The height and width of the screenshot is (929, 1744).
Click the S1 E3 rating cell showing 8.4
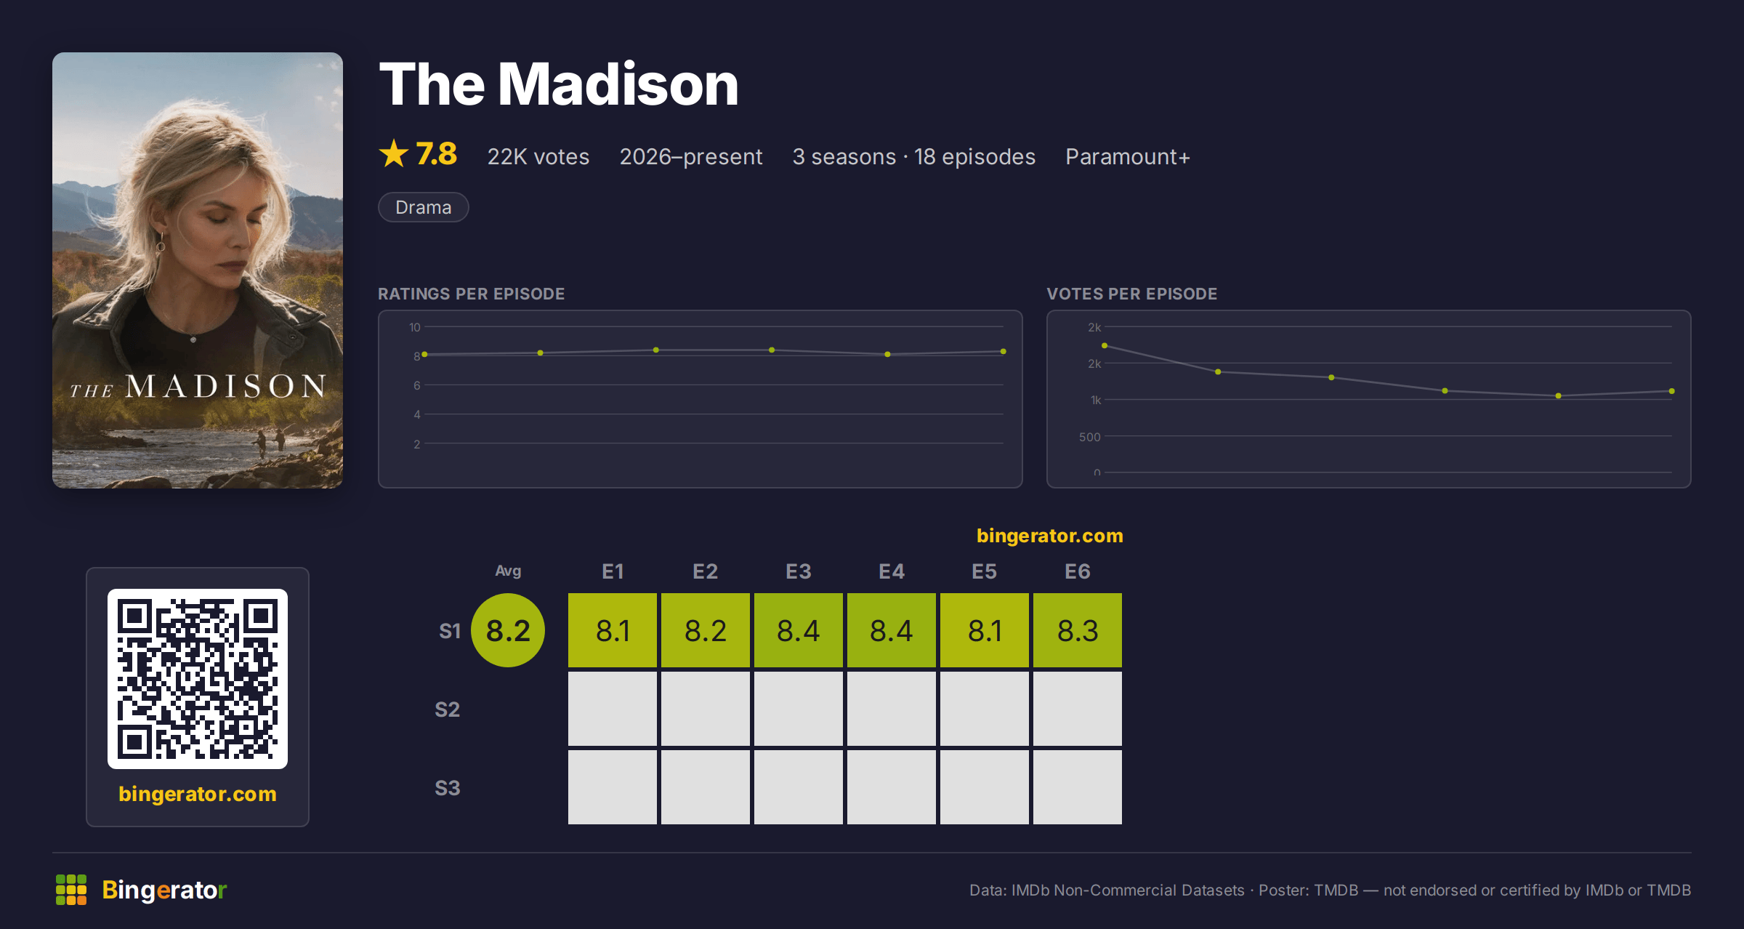point(798,630)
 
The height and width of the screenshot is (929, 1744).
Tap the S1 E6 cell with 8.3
point(1077,630)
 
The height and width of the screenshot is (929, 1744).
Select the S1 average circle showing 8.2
point(508,630)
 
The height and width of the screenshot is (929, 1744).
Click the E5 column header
point(984,571)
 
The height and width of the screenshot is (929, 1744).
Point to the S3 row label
point(448,788)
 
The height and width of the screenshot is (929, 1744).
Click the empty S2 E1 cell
point(612,709)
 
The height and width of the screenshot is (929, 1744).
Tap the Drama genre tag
point(424,207)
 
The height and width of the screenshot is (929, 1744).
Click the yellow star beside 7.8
point(394,153)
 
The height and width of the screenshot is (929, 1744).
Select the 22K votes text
point(538,156)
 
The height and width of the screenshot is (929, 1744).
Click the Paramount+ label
point(1128,156)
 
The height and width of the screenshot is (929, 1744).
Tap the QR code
point(198,679)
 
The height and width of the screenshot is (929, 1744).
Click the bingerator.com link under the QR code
point(198,794)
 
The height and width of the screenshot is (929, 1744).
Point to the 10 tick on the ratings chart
point(414,327)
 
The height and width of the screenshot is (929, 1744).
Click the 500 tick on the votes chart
point(1089,437)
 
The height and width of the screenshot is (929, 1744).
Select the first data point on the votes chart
point(1105,345)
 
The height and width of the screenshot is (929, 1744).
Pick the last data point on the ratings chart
point(1004,351)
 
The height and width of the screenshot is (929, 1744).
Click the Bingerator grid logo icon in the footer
point(71,890)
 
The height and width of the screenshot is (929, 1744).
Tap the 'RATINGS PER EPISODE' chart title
point(471,294)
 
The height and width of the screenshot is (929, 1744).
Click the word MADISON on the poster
point(226,386)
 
